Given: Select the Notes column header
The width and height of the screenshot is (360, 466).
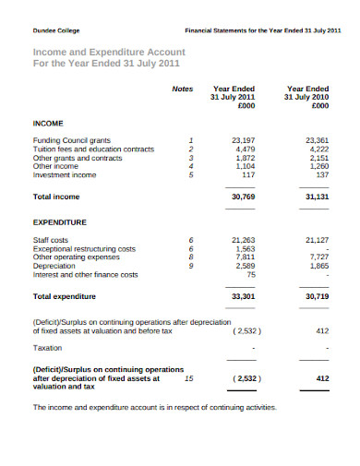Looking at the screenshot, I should (x=182, y=89).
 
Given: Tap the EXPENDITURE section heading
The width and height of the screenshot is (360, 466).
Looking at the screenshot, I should (x=59, y=222).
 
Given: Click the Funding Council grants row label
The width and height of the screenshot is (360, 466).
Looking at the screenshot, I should (x=72, y=140).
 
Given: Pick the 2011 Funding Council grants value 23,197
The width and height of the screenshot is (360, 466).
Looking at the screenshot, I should (x=243, y=140).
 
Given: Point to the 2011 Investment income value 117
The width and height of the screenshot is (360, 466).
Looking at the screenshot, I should (x=248, y=174).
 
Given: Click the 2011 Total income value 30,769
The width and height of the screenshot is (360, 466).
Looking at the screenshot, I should (x=243, y=197).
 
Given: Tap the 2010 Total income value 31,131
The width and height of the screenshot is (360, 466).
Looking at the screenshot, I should (x=316, y=197).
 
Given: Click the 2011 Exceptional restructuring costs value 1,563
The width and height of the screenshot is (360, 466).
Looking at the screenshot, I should (x=246, y=248).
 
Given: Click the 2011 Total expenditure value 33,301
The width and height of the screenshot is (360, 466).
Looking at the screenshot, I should (x=243, y=298).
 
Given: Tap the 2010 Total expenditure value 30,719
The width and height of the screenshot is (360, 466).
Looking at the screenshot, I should (x=316, y=298).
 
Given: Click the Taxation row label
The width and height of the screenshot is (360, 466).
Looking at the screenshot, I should (x=48, y=348).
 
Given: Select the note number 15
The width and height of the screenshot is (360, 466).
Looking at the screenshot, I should (x=188, y=377).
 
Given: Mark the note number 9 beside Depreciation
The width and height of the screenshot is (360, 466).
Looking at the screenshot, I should (x=191, y=266).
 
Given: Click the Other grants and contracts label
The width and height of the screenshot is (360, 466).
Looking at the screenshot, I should (x=78, y=157).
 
